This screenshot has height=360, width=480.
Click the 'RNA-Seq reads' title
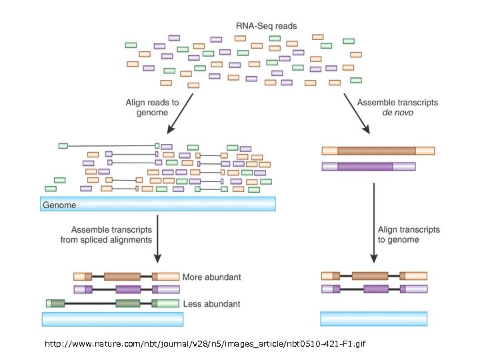tap(266, 26)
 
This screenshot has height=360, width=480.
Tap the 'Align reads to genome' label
tap(152, 107)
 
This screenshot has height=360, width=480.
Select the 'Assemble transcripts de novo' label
tap(397, 107)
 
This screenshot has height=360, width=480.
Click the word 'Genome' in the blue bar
tap(59, 205)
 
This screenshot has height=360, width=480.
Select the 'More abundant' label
tap(212, 277)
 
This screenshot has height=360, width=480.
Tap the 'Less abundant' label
tap(211, 304)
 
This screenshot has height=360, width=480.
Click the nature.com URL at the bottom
tap(205, 344)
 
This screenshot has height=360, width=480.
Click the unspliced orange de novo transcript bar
tap(378, 151)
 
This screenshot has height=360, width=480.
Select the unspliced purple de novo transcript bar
tap(368, 166)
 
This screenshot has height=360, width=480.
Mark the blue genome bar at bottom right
tap(374, 319)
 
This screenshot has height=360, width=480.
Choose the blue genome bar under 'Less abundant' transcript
tap(112, 319)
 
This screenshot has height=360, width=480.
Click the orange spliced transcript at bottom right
tap(374, 275)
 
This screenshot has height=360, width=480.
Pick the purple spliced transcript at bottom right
tap(374, 289)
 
